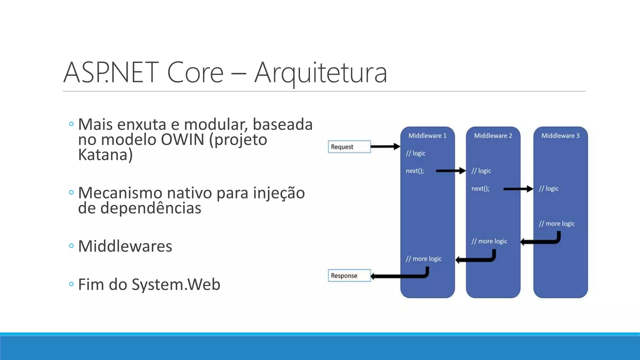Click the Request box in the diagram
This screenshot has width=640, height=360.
click(x=349, y=147)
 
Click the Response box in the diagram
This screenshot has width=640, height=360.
click(x=349, y=276)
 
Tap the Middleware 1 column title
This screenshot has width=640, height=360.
click(x=427, y=136)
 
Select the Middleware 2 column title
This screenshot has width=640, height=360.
click(x=493, y=136)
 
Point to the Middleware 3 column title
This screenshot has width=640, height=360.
click(x=560, y=136)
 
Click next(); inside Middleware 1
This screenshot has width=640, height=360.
click(x=415, y=171)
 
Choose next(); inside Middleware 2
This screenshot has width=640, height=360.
click(x=480, y=189)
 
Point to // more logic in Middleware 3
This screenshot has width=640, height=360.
click(x=557, y=224)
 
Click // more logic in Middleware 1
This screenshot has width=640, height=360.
click(x=423, y=259)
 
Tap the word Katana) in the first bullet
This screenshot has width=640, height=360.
click(x=105, y=155)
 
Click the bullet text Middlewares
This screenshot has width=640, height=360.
click(x=125, y=246)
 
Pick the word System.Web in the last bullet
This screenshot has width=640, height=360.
click(x=176, y=285)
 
